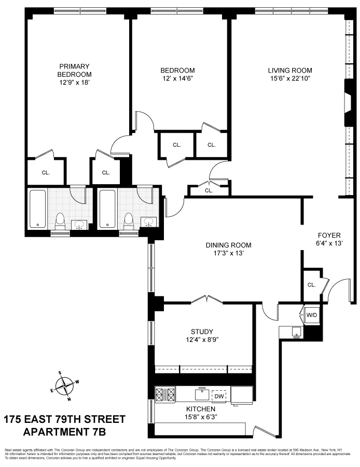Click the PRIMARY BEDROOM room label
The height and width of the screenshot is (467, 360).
pyautogui.click(x=75, y=70)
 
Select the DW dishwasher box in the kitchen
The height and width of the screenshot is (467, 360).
pyautogui.click(x=219, y=396)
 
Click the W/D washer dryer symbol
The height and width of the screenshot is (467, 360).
pyautogui.click(x=311, y=315)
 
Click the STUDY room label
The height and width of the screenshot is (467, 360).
pyautogui.click(x=202, y=332)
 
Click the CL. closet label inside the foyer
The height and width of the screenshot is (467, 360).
pyautogui.click(x=311, y=285)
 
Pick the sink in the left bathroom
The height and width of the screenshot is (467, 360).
pyautogui.click(x=79, y=225)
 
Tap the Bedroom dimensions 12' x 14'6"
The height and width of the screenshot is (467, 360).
pyautogui.click(x=177, y=79)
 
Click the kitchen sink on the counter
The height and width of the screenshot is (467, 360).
pyautogui.click(x=201, y=394)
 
